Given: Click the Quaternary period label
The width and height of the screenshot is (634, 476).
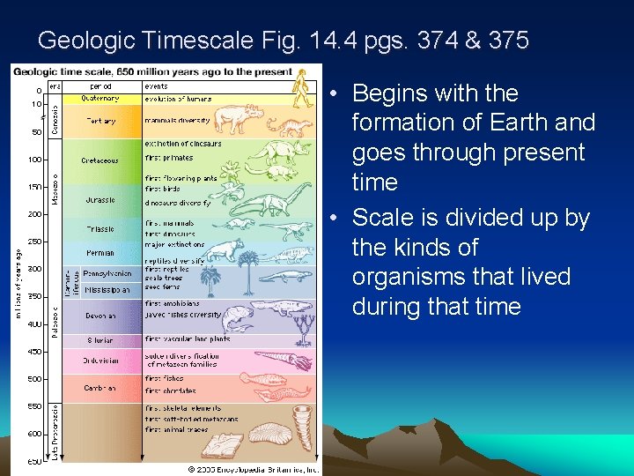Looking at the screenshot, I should (x=100, y=98).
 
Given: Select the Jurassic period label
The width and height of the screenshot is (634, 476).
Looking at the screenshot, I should (x=100, y=200).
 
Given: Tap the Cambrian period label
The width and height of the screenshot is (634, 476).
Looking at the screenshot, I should (x=100, y=387).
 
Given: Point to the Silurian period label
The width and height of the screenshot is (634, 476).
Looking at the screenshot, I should (x=100, y=339).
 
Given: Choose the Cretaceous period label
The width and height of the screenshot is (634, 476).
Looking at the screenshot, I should (x=100, y=160).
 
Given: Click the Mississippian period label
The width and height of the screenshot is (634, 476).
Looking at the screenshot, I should (x=105, y=288).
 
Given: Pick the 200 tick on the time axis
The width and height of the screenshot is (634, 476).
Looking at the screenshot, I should (x=34, y=214).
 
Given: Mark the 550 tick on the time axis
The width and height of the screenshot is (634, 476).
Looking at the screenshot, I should (x=34, y=406).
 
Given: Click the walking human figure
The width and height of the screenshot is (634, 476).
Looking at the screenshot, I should (x=301, y=89).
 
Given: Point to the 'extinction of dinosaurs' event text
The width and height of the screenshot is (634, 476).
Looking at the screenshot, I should (x=183, y=143).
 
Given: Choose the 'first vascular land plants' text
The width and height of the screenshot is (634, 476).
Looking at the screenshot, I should (x=188, y=339).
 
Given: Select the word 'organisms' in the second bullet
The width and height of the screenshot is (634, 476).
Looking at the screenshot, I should (x=413, y=277).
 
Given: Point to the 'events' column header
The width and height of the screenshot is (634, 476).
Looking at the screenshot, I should (x=158, y=86).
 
